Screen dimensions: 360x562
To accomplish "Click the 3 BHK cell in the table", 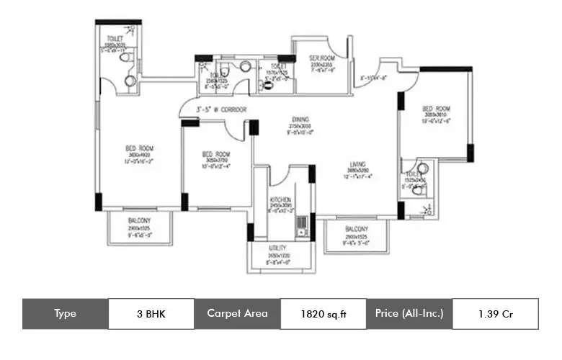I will [x=151, y=313].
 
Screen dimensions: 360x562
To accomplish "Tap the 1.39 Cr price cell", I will [x=495, y=313].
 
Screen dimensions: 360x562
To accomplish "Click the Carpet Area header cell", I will [x=237, y=313].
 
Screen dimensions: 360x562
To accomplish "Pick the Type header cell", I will [x=66, y=313].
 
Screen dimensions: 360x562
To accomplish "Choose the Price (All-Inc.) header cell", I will [x=409, y=313].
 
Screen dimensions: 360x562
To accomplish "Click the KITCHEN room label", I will [x=280, y=199].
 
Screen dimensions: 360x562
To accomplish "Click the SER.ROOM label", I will [x=319, y=57].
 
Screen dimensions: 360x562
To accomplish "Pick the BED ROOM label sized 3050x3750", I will [x=215, y=154].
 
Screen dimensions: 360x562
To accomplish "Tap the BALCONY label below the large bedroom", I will [x=139, y=220].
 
